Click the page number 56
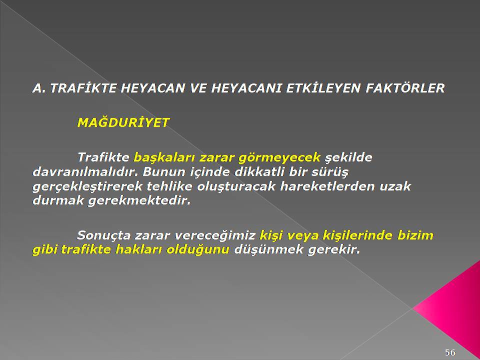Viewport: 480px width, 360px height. pos(450,352)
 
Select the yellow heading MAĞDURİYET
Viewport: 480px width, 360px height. pos(123,123)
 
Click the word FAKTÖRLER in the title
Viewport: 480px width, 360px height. pos(405,88)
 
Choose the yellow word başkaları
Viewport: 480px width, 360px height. pos(164,158)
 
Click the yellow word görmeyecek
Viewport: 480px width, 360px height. pos(279,158)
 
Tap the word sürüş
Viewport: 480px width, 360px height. pos(330,172)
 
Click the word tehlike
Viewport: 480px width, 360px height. pos(169,186)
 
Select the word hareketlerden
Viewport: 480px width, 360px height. pos(327,186)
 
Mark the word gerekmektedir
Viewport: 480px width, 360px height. pos(139,201)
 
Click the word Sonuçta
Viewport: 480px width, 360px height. pos(104,235)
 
